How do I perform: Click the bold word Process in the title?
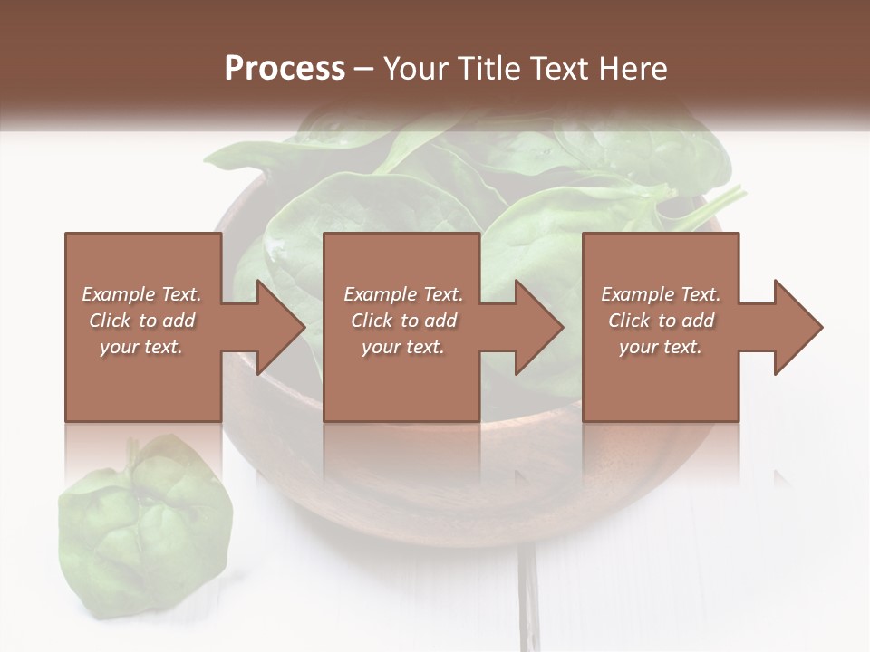tap(285, 69)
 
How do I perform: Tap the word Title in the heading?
tap(489, 69)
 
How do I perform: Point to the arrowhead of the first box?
tap(281, 327)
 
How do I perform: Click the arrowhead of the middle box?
tap(540, 327)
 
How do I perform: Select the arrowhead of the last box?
tap(798, 327)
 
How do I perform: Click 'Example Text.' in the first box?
tap(141, 294)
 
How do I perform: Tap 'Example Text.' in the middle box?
tap(403, 294)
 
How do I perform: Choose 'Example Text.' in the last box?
tap(661, 294)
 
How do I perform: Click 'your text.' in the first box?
tap(141, 347)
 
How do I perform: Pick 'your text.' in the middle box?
tap(403, 347)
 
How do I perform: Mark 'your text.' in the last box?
tap(661, 347)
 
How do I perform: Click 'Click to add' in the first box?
tap(141, 321)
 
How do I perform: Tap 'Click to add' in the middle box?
tap(403, 321)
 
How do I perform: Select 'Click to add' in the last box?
tap(661, 321)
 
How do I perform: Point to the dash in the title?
tap(364, 69)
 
